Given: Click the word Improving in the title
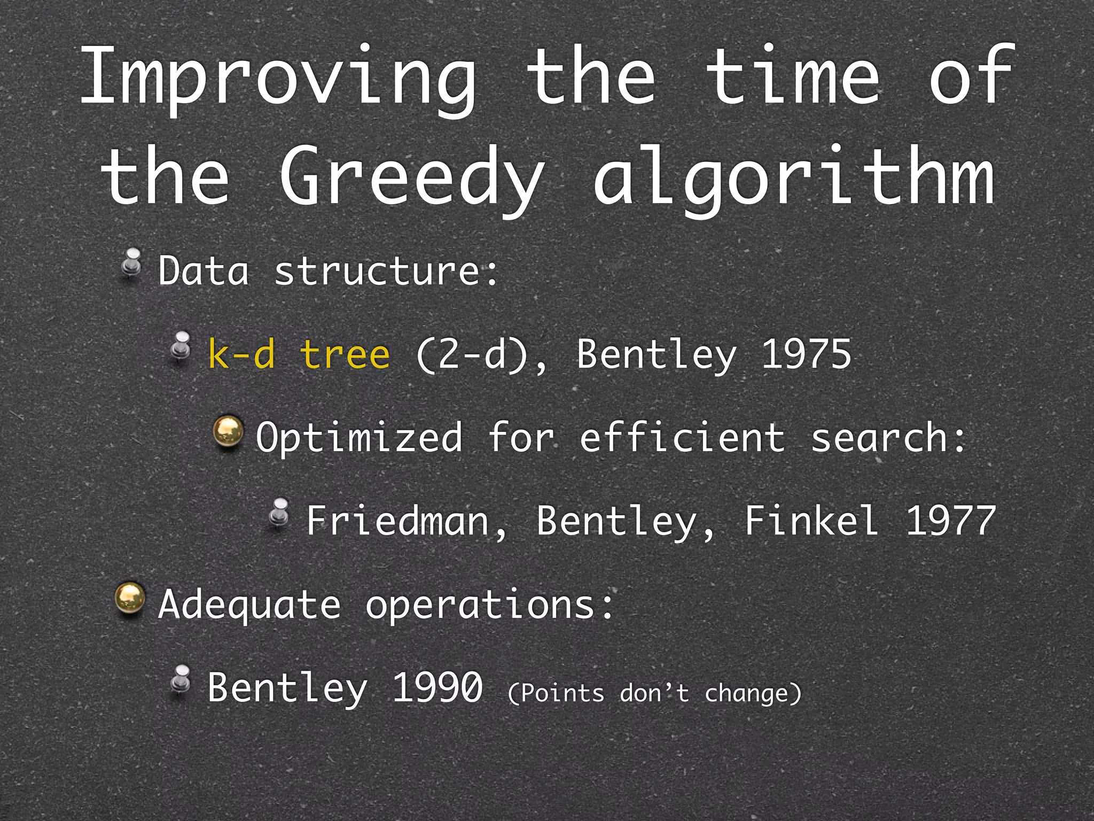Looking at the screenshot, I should coord(278,78).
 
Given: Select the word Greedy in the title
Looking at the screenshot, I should coord(411,176).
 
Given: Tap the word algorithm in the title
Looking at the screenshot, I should coord(794,176).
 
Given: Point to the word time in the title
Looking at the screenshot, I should coord(793,78).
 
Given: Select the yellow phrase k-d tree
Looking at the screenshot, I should coord(299,354).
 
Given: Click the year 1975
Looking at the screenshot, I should coord(806,354).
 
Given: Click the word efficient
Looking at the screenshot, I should coord(682,438).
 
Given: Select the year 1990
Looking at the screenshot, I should coord(437,687).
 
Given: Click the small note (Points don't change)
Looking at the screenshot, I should coord(654,694).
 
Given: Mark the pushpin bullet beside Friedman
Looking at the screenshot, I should coord(279,514).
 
